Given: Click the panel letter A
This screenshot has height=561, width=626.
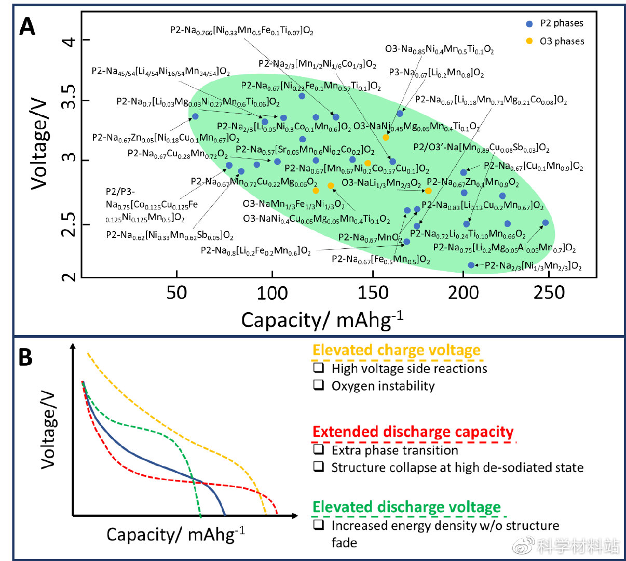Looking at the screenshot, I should [x=27, y=26].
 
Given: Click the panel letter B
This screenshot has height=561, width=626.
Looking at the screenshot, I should [x=25, y=357].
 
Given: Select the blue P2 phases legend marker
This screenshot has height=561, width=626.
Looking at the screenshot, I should [x=529, y=24].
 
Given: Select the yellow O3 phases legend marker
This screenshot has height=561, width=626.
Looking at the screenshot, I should [x=529, y=41].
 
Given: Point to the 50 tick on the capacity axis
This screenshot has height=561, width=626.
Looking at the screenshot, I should [x=176, y=293].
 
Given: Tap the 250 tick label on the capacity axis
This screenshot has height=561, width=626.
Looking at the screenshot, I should [x=549, y=293].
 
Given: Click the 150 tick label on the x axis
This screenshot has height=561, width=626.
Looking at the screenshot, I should [x=373, y=293].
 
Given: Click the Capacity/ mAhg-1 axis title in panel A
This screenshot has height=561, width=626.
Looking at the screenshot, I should [x=322, y=319].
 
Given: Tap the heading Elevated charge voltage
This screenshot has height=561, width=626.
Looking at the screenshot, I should [x=396, y=351].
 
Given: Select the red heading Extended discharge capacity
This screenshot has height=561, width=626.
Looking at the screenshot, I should [x=413, y=432].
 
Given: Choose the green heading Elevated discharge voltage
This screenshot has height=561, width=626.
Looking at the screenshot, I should [x=406, y=507].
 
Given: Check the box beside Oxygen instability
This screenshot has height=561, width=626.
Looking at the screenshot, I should [x=318, y=385].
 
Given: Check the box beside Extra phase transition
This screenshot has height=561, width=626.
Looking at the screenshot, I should [x=318, y=449].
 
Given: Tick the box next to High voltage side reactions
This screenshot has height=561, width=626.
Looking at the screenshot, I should [x=318, y=368].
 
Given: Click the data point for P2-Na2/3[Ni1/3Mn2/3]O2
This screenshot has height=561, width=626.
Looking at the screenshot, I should [x=471, y=265].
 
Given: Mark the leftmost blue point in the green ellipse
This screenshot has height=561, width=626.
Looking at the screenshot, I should [x=195, y=116].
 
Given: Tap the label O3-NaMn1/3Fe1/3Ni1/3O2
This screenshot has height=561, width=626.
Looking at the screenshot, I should [x=293, y=204].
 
